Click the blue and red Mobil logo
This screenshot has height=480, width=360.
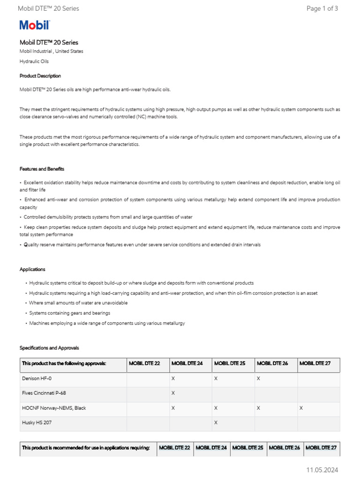(34, 25)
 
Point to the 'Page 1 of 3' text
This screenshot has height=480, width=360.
(322, 8)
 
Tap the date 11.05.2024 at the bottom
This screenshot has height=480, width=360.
(322, 470)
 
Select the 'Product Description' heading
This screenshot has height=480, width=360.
(40, 76)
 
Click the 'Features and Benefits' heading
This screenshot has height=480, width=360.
(42, 169)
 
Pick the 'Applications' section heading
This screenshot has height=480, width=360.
(32, 270)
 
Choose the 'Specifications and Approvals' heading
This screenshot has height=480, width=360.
(49, 348)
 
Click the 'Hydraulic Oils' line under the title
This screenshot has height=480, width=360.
(34, 61)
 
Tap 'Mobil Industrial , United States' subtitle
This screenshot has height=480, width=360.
(51, 52)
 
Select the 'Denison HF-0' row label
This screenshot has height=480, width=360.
(37, 378)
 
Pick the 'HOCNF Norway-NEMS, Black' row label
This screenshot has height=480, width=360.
(54, 408)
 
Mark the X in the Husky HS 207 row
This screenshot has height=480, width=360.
(216, 423)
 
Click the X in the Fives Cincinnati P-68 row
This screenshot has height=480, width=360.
(173, 393)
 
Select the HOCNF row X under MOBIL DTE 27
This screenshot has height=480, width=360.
(301, 408)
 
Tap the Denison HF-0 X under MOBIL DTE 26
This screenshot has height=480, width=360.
(258, 378)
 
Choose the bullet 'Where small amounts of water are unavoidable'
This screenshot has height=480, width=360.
(78, 303)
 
